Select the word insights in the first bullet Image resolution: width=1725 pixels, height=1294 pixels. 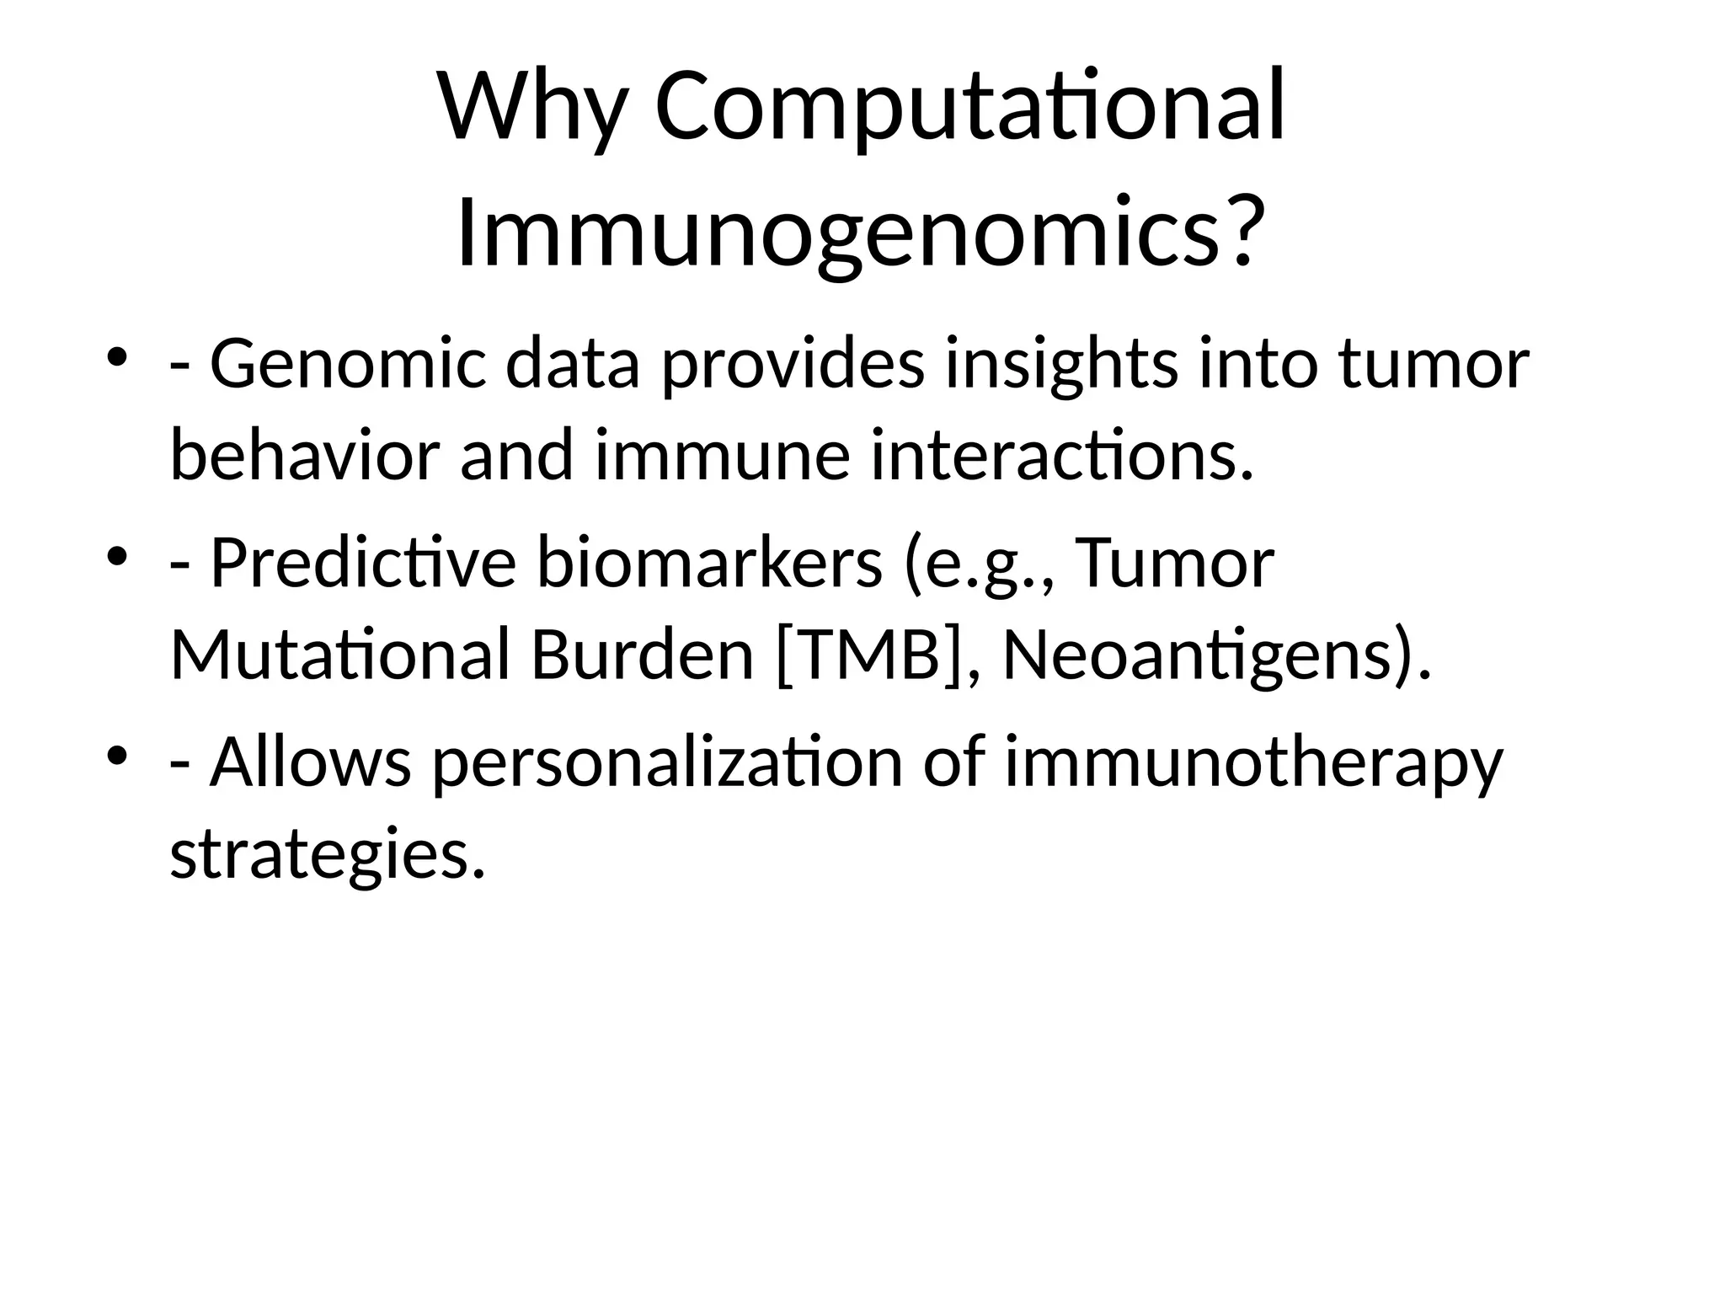[x=1061, y=366]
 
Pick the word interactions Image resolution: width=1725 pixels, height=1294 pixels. [x=1061, y=456]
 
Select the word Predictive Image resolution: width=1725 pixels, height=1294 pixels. [x=362, y=564]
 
